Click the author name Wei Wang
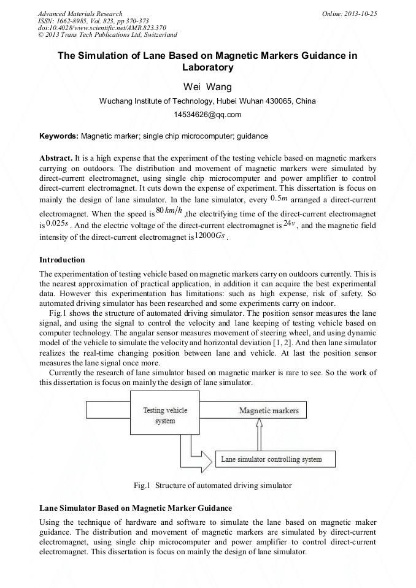[207, 86]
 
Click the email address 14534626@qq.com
[207, 114]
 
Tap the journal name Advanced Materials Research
[80, 13]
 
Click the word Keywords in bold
[58, 135]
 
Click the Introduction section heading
[62, 260]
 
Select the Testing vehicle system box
[165, 416]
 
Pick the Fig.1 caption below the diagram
[212, 486]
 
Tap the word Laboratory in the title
[207, 67]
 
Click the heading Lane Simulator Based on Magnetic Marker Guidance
[136, 508]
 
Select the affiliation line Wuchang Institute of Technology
[207, 102]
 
